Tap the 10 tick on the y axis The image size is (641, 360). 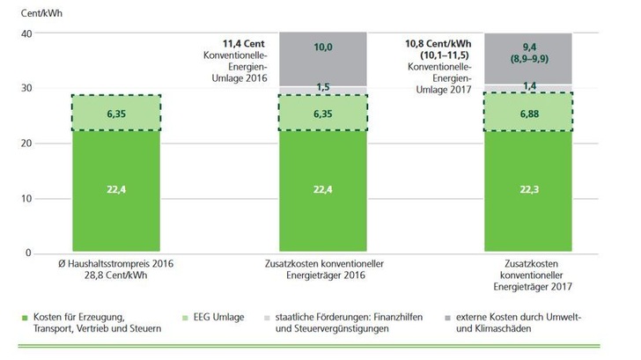click(26, 198)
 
